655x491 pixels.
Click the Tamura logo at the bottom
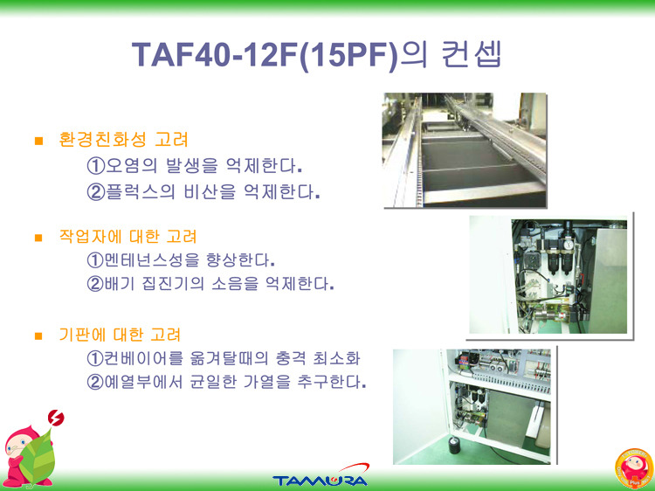321,476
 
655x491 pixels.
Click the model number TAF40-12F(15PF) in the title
265,55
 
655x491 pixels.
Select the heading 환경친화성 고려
123,140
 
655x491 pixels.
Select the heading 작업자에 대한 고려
128,237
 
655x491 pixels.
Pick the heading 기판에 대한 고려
120,335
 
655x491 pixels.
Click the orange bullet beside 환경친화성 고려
38,141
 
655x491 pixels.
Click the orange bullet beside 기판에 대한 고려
38,335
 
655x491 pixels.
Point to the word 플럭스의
141,192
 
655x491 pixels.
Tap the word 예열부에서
144,381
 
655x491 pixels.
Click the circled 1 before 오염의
95,166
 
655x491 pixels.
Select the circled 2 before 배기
95,284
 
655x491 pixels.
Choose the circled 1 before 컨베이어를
95,357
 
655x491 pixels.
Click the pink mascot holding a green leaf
29,456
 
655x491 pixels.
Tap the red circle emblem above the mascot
56,418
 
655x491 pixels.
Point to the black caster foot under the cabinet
453,446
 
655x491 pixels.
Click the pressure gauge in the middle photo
568,244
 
